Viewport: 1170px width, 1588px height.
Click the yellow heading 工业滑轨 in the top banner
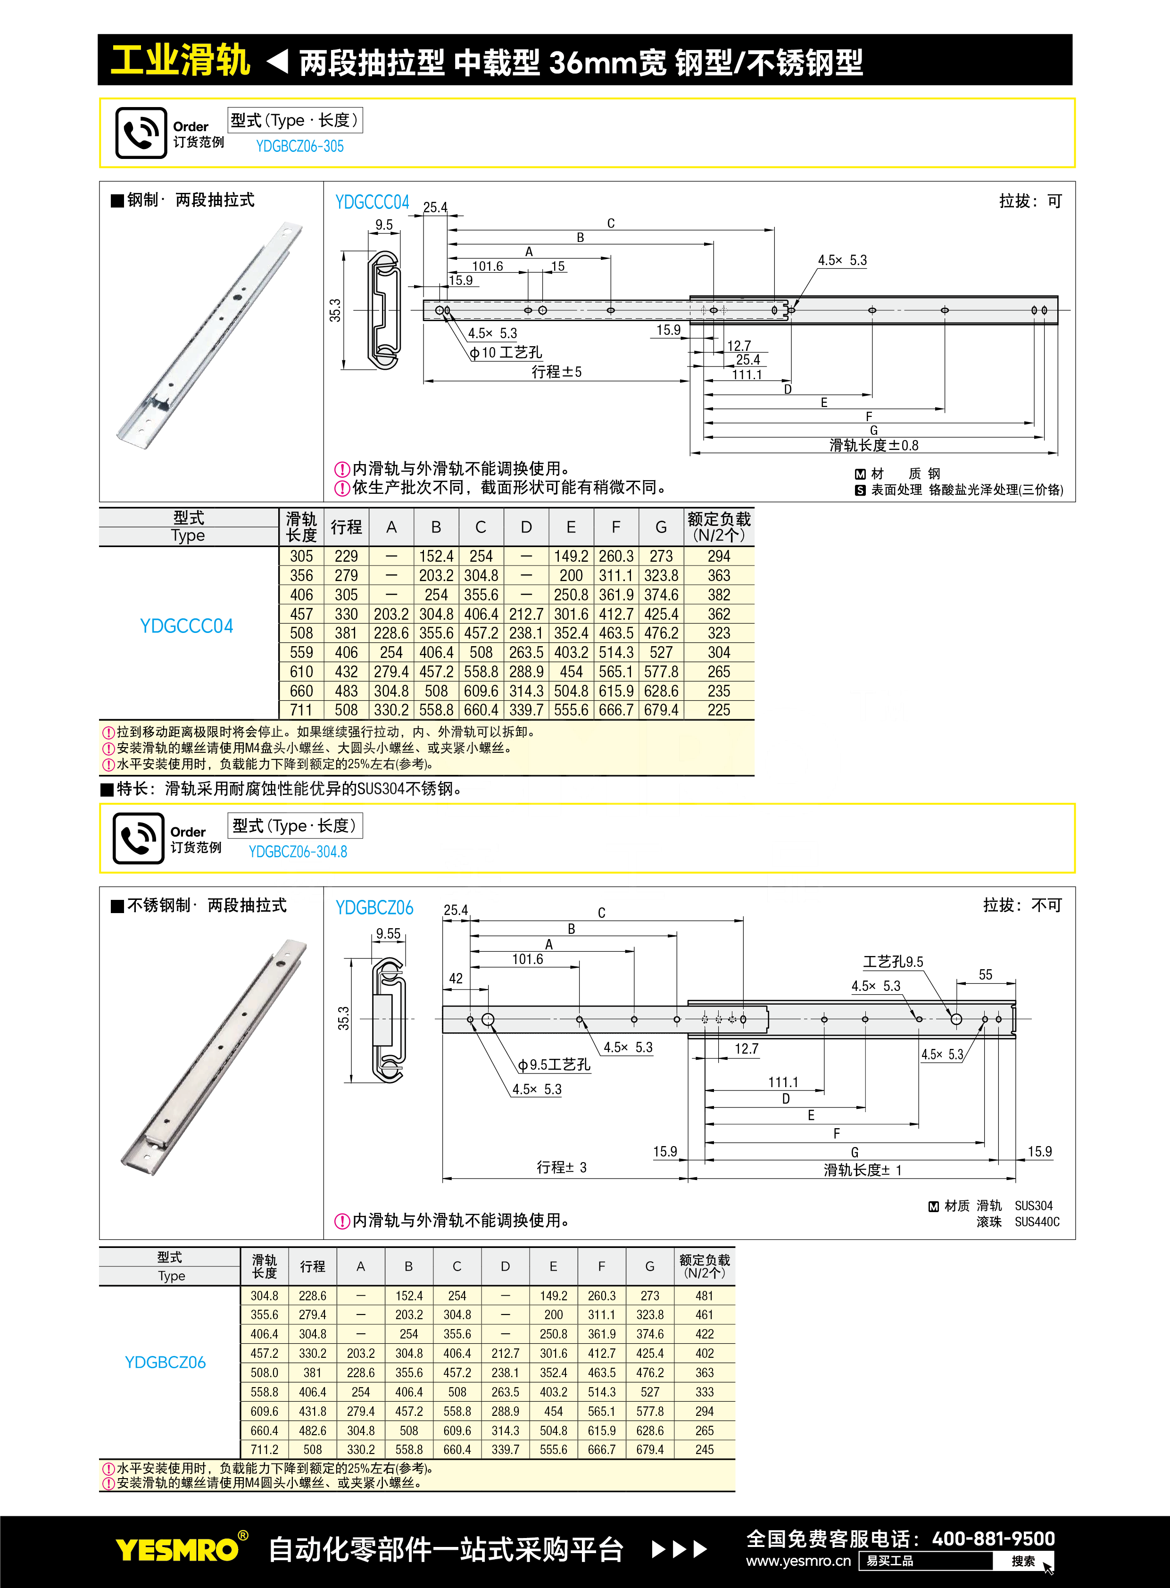(181, 60)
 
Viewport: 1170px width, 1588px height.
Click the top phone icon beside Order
(141, 133)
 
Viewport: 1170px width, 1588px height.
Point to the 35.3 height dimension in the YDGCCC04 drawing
(335, 310)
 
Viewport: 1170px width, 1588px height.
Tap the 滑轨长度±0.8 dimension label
(873, 446)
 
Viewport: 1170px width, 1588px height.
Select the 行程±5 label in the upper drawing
(556, 372)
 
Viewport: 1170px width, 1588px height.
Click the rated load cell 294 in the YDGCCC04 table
(718, 557)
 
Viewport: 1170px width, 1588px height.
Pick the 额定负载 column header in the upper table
(718, 527)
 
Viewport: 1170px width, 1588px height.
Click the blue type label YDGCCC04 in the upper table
(186, 626)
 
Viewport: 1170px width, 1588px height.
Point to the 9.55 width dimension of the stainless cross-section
(388, 933)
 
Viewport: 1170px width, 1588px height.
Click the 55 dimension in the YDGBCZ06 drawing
(985, 974)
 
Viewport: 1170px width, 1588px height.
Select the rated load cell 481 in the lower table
(704, 1296)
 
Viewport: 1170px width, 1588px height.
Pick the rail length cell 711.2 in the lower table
(264, 1449)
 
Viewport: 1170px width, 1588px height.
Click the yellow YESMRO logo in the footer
(177, 1550)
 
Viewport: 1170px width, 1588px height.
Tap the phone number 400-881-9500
(993, 1538)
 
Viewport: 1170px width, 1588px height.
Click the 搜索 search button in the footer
(1023, 1561)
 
